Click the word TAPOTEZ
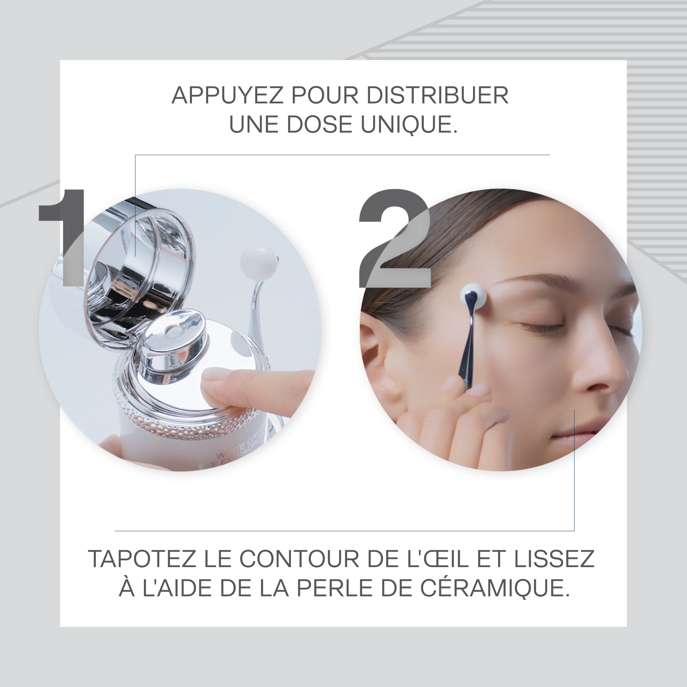click(x=142, y=559)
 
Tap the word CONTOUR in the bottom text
click(x=301, y=559)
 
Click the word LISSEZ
click(x=554, y=559)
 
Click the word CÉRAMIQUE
click(x=495, y=588)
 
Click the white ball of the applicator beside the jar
click(x=258, y=262)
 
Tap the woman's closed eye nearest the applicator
click(x=540, y=325)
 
